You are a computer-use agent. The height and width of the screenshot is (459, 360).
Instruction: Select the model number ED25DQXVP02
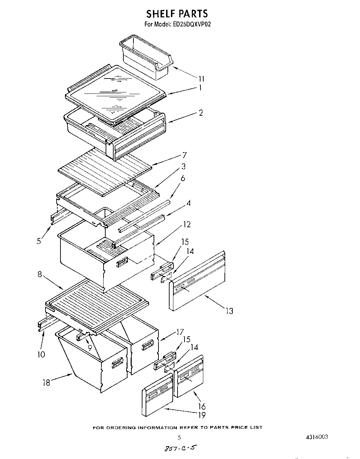(x=192, y=25)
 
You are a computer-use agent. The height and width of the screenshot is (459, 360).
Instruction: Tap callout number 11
(x=201, y=79)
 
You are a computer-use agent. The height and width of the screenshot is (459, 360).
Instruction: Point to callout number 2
(x=201, y=113)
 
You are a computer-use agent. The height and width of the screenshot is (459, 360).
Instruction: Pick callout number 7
(x=184, y=155)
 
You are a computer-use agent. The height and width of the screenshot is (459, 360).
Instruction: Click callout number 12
(x=187, y=224)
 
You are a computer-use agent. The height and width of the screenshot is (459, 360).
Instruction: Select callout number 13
(x=229, y=311)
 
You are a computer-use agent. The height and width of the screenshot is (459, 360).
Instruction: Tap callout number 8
(x=40, y=274)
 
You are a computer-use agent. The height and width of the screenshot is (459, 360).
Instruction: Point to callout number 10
(x=41, y=354)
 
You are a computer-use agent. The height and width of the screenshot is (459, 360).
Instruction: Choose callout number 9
(x=90, y=347)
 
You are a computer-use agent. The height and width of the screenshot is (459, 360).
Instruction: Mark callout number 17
(x=179, y=333)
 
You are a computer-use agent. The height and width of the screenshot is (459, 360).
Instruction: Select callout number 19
(x=202, y=415)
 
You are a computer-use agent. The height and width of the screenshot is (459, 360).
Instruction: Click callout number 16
(x=202, y=406)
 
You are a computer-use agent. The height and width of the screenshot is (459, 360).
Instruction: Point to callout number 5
(x=39, y=240)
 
